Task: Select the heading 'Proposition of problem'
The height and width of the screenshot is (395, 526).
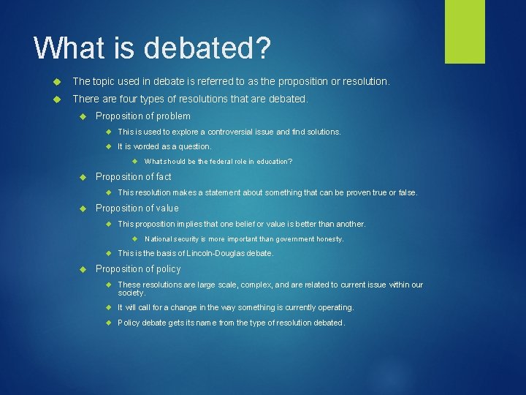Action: click(x=143, y=116)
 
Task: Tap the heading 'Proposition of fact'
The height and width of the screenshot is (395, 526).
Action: click(x=134, y=177)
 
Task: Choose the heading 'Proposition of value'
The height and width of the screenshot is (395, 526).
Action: click(x=137, y=208)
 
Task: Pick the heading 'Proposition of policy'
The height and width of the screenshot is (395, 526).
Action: click(x=138, y=269)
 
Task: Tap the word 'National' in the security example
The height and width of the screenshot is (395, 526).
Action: click(x=159, y=239)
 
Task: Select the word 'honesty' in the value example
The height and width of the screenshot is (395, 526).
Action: click(x=328, y=239)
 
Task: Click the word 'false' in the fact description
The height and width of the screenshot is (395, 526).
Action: click(x=407, y=192)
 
